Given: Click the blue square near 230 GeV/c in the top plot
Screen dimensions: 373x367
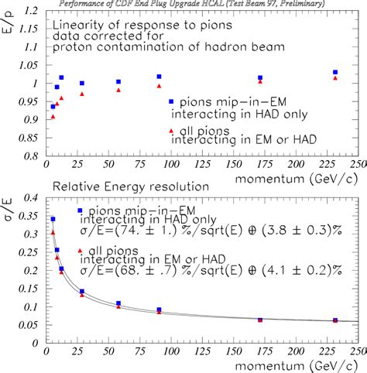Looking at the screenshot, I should (x=334, y=72).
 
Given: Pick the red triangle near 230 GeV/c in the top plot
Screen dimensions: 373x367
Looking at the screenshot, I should (x=334, y=78).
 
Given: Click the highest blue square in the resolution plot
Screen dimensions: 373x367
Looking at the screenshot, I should (x=53, y=219).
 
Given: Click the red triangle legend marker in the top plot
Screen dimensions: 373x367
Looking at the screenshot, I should (x=171, y=131).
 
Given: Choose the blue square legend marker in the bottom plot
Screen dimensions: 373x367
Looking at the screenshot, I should (x=81, y=210).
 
